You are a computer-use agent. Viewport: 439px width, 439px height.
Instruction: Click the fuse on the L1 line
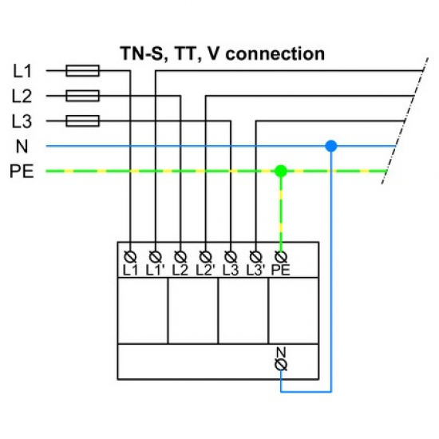pyautogui.click(x=82, y=71)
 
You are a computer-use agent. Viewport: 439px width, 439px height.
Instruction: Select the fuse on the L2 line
pyautogui.click(x=82, y=97)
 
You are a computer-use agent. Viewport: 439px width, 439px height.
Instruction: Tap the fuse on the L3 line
pyautogui.click(x=82, y=121)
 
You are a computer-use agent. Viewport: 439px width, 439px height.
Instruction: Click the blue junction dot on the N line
pyautogui.click(x=330, y=146)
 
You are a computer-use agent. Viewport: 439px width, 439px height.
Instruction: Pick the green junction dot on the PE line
pyautogui.click(x=280, y=171)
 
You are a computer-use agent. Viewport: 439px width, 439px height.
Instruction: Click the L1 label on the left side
pyautogui.click(x=22, y=71)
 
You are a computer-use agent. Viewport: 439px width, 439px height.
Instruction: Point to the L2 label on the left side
pyautogui.click(x=22, y=97)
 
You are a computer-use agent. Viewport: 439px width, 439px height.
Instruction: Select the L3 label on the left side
pyautogui.click(x=22, y=121)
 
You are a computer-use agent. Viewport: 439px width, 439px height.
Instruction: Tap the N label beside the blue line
pyautogui.click(x=21, y=146)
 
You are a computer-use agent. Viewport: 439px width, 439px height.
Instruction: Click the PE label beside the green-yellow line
pyautogui.click(x=22, y=171)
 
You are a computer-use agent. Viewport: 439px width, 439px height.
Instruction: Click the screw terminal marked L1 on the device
pyautogui.click(x=131, y=256)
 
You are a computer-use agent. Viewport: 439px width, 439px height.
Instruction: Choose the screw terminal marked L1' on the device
pyautogui.click(x=156, y=256)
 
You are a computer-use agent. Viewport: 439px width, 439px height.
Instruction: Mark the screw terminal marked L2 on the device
pyautogui.click(x=180, y=256)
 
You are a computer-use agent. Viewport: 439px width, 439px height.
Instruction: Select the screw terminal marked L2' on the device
pyautogui.click(x=206, y=256)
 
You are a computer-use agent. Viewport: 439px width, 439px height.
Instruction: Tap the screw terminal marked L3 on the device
pyautogui.click(x=231, y=256)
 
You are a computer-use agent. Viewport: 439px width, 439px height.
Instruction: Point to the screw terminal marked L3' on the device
pyautogui.click(x=255, y=256)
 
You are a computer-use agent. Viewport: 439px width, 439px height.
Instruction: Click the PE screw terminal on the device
pyautogui.click(x=280, y=256)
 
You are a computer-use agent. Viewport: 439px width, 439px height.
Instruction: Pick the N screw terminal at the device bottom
pyautogui.click(x=280, y=364)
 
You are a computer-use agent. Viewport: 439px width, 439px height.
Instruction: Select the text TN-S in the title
pyautogui.click(x=141, y=54)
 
